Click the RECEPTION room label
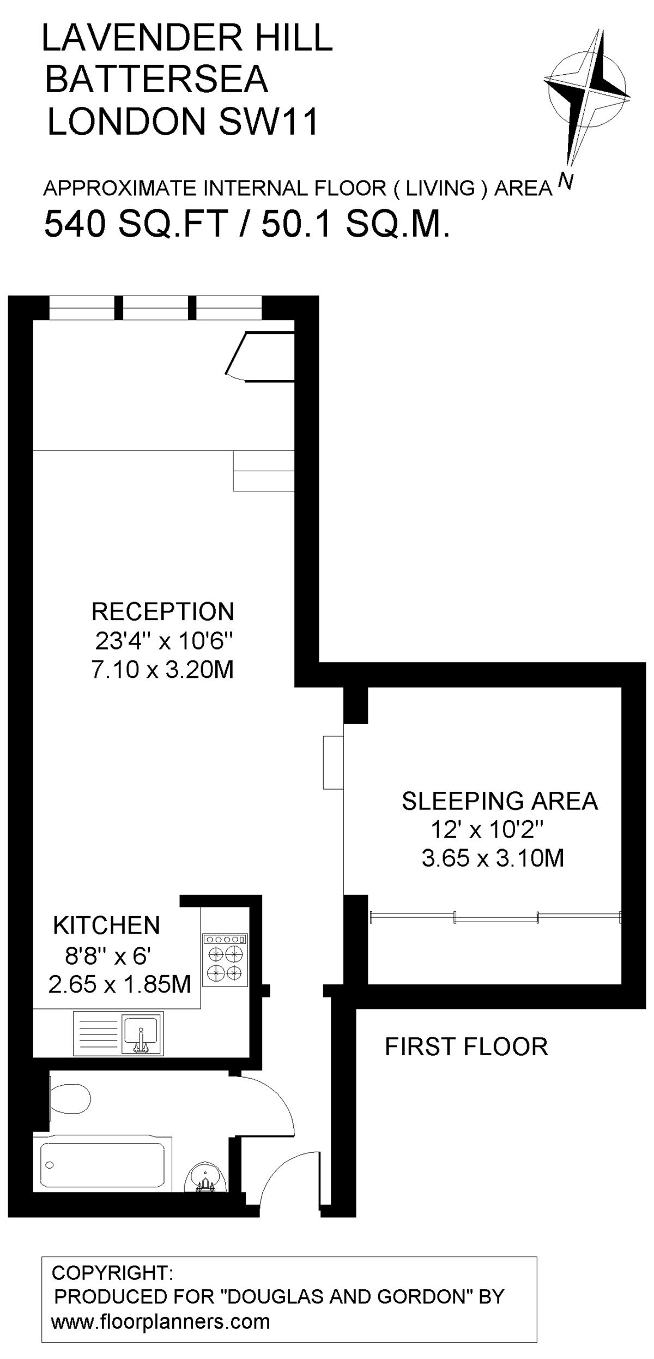[162, 611]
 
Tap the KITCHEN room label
[106, 925]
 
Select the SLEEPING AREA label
[500, 801]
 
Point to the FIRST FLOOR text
[467, 1047]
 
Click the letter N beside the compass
[566, 181]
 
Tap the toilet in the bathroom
[69, 1097]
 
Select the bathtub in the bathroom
[102, 1164]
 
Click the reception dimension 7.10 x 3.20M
[162, 669]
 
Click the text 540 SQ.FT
[136, 224]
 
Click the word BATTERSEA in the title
[156, 79]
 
